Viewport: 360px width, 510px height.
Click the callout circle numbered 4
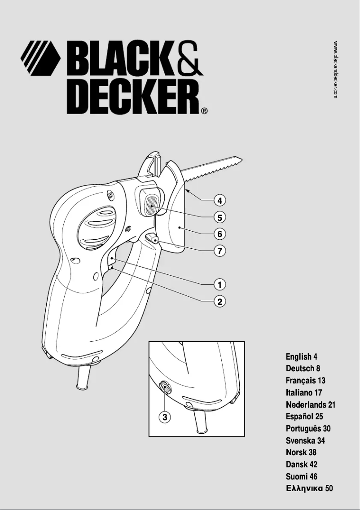220,200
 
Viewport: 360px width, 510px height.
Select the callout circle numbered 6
220,234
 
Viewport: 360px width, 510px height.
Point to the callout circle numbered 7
220,251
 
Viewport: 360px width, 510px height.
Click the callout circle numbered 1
220,284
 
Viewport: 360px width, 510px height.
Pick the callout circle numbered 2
220,301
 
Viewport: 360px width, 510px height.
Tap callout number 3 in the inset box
165,417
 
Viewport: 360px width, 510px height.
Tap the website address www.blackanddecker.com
336,70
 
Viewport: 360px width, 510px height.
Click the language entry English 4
302,357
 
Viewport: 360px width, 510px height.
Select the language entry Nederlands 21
311,405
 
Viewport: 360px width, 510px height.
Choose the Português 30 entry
308,429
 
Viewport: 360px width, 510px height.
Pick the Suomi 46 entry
302,476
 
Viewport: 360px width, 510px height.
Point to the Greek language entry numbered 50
309,488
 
